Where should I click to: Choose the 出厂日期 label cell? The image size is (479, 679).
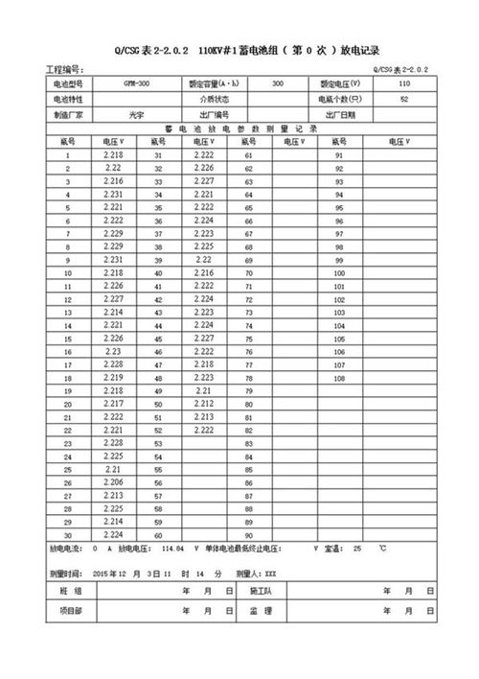pyautogui.click(x=340, y=114)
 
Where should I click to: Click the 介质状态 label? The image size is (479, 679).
pyautogui.click(x=214, y=100)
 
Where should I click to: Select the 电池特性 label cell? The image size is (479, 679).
pyautogui.click(x=68, y=100)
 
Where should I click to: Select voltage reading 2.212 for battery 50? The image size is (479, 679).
pyautogui.click(x=204, y=404)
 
